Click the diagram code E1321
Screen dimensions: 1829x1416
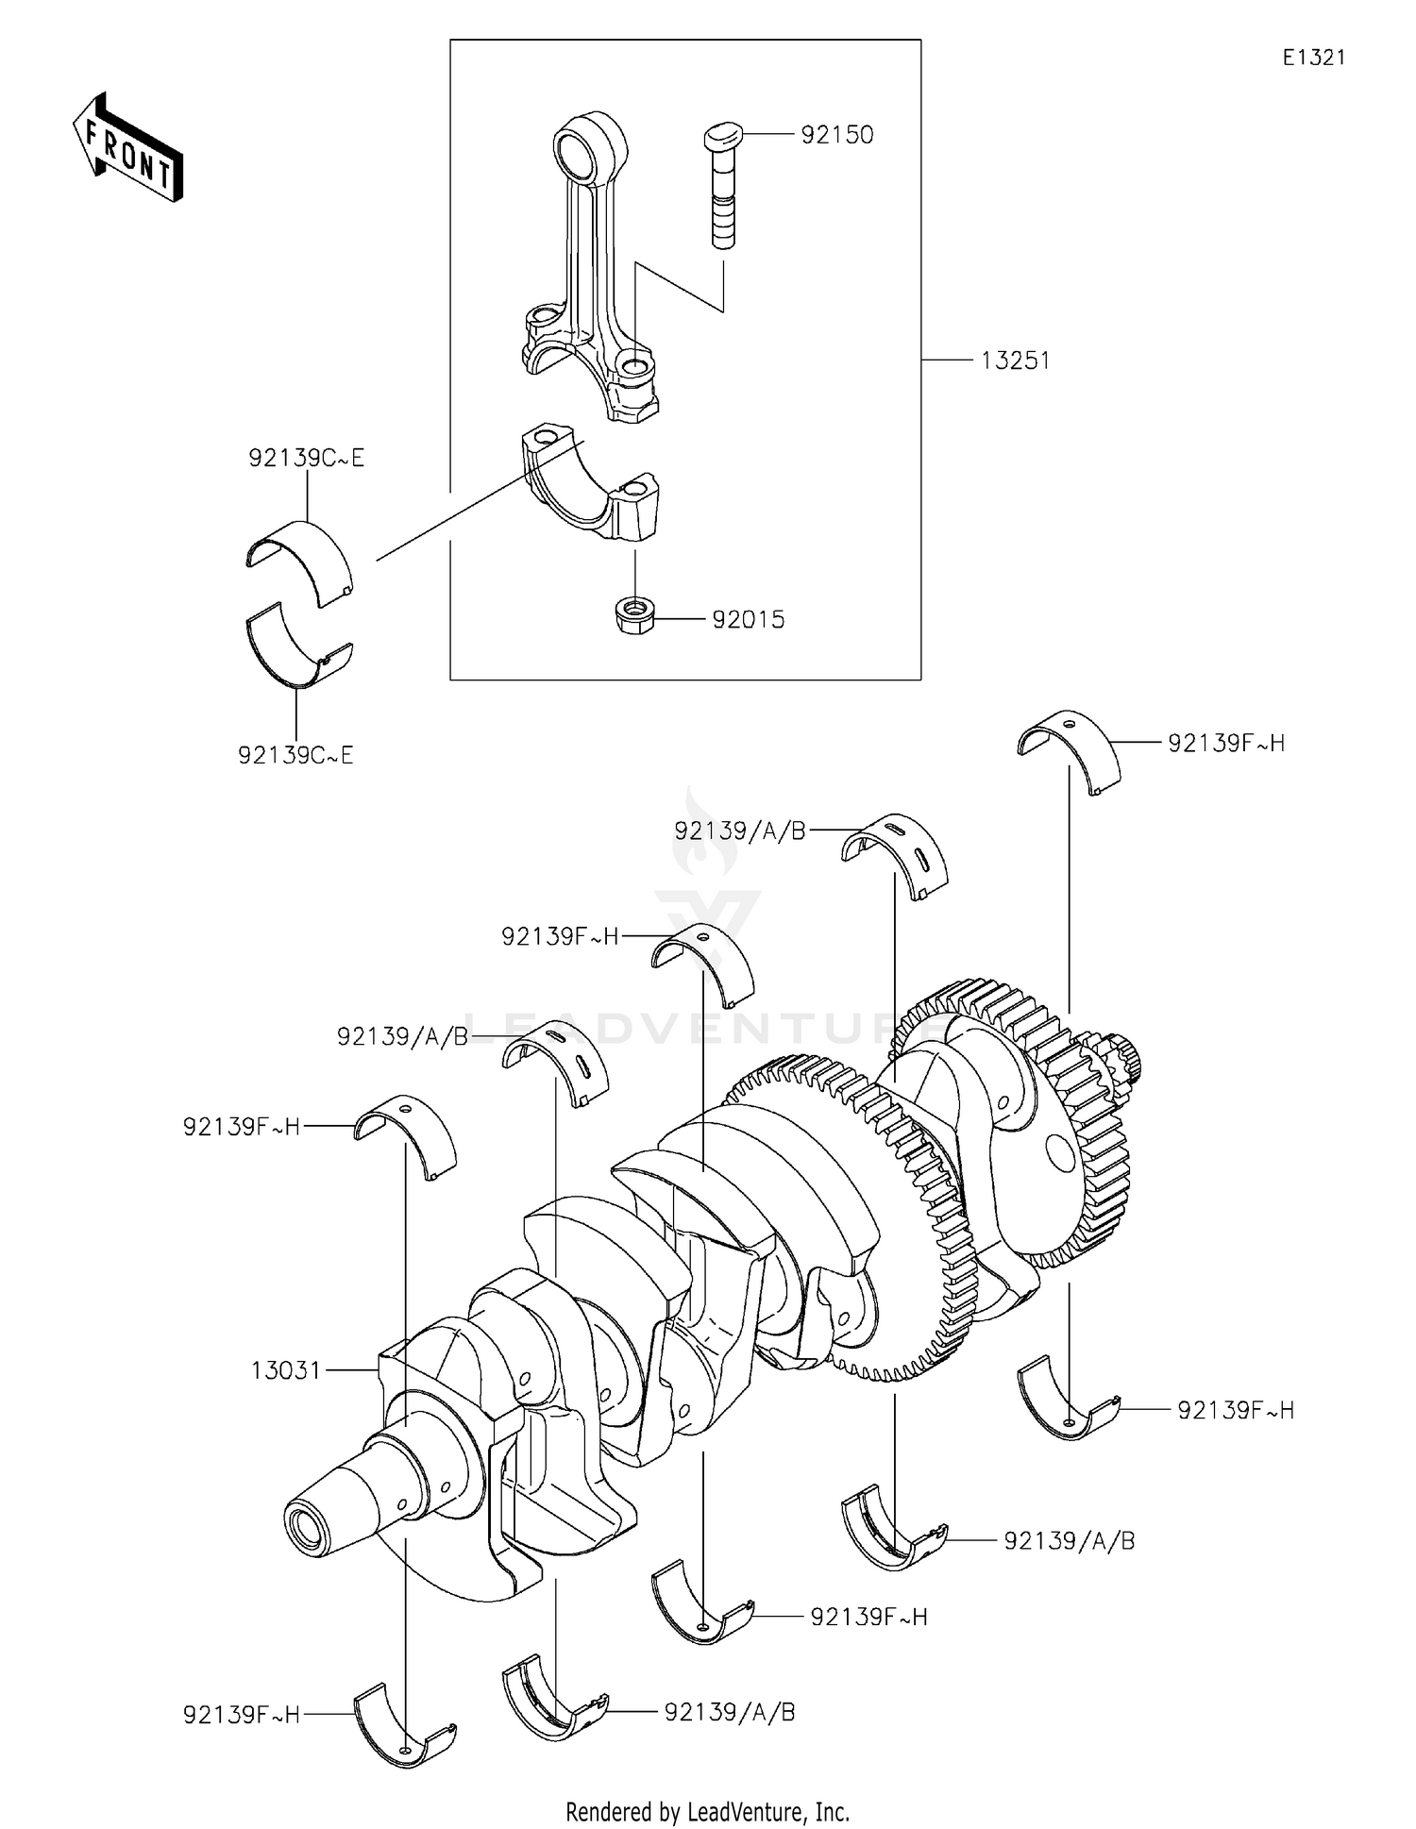click(x=1313, y=58)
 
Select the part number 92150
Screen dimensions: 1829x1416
click(x=836, y=135)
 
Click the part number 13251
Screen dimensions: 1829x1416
click(x=1015, y=361)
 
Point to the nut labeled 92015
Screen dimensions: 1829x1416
click(x=634, y=617)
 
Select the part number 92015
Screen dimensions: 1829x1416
click(x=748, y=620)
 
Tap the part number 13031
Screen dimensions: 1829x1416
click(x=286, y=1370)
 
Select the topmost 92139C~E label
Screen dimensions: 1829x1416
click(x=306, y=459)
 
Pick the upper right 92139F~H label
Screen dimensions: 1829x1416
click(x=1225, y=744)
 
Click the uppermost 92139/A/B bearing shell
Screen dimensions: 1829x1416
click(x=894, y=853)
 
